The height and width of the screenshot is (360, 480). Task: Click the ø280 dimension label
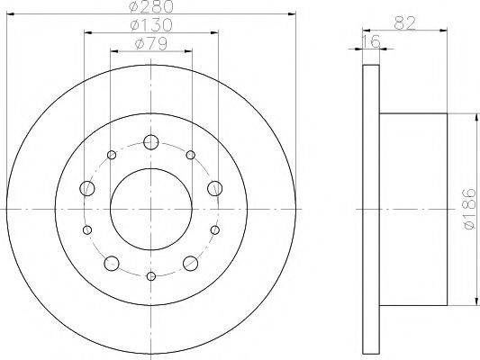click(151, 8)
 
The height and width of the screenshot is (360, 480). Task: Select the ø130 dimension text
click(150, 24)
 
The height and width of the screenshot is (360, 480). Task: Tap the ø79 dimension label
click(150, 41)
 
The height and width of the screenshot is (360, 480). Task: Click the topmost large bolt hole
click(151, 141)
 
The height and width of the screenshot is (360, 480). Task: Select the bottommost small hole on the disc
click(151, 274)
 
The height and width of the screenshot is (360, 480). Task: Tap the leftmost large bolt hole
click(87, 188)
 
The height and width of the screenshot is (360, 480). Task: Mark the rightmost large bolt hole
click(215, 188)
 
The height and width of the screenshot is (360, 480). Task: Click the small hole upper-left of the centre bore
click(112, 156)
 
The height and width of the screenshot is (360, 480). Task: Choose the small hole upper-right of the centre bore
click(191, 156)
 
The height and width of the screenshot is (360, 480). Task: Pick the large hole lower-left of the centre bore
click(112, 263)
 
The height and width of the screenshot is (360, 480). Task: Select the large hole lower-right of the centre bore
click(191, 263)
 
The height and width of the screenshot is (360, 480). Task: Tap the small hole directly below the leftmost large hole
click(87, 230)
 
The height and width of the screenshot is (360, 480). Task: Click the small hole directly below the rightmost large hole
click(215, 230)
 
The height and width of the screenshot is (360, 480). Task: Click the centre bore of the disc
click(151, 208)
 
